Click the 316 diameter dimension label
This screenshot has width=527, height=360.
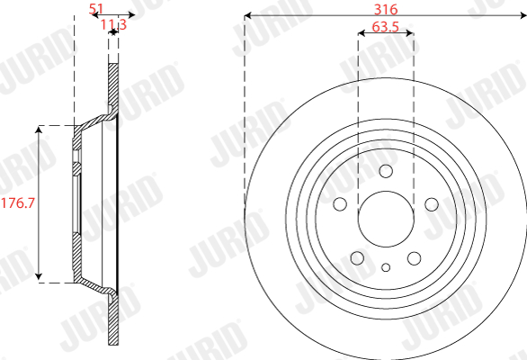pyautogui.click(x=386, y=9)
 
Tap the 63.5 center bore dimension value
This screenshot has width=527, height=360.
pyautogui.click(x=386, y=27)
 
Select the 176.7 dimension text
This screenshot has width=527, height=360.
pyautogui.click(x=18, y=202)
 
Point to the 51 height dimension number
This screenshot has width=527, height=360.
pyautogui.click(x=96, y=9)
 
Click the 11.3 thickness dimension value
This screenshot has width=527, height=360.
pyautogui.click(x=113, y=24)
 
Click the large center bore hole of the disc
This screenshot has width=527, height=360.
pyautogui.click(x=386, y=219)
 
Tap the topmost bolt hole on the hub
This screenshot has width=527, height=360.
pyautogui.click(x=386, y=171)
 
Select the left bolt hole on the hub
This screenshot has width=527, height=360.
pyautogui.click(x=340, y=204)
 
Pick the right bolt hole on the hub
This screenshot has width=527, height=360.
pyautogui.click(x=432, y=204)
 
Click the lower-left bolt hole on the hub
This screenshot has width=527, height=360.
pyautogui.click(x=357, y=258)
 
